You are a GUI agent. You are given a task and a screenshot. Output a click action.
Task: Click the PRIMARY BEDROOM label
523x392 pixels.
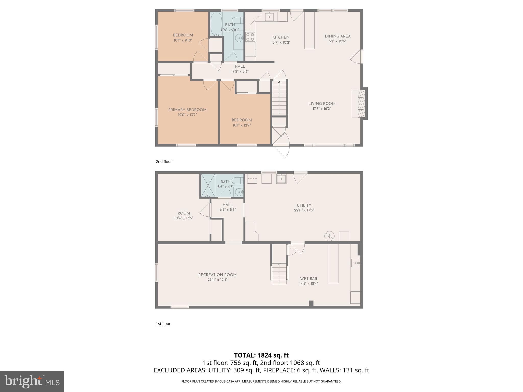[x=187, y=110]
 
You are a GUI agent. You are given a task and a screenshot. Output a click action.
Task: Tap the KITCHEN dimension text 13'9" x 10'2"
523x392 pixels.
[x=281, y=42]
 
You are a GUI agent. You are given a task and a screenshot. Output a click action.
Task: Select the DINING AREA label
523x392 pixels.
[x=338, y=36]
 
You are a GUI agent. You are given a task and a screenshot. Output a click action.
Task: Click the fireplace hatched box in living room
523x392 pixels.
[x=361, y=103]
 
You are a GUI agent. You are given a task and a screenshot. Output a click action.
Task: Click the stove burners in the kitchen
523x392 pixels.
[x=250, y=37]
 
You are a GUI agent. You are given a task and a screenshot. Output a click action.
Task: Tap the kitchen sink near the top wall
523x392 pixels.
[x=269, y=17]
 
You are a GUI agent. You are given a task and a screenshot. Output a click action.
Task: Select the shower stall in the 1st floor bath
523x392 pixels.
[x=208, y=185]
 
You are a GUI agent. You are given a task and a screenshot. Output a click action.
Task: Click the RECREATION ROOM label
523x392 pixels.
[x=217, y=275]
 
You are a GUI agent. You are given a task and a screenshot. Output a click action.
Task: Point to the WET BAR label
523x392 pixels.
[x=308, y=279]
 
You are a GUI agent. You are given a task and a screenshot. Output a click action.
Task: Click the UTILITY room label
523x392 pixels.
[x=304, y=205]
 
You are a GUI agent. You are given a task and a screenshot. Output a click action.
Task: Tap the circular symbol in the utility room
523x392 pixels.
[x=329, y=236]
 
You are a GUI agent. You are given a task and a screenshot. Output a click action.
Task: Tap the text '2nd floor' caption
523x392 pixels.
[x=164, y=162]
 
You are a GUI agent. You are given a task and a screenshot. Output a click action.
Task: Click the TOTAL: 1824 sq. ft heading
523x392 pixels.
[x=261, y=355]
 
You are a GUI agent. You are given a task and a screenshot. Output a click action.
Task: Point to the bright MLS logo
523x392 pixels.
[x=32, y=381]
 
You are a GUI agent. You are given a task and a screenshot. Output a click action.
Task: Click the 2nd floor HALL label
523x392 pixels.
[x=240, y=66]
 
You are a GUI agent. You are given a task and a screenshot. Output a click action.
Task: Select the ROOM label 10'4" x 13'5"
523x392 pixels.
[x=184, y=213]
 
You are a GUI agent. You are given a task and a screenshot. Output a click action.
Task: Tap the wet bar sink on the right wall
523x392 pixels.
[x=355, y=263]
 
